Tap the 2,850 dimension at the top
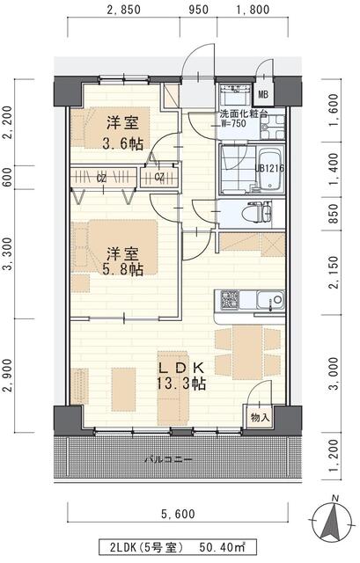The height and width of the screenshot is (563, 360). (x=125, y=11)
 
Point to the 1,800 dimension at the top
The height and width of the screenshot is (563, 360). (x=253, y=11)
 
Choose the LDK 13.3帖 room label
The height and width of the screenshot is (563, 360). (x=181, y=375)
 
